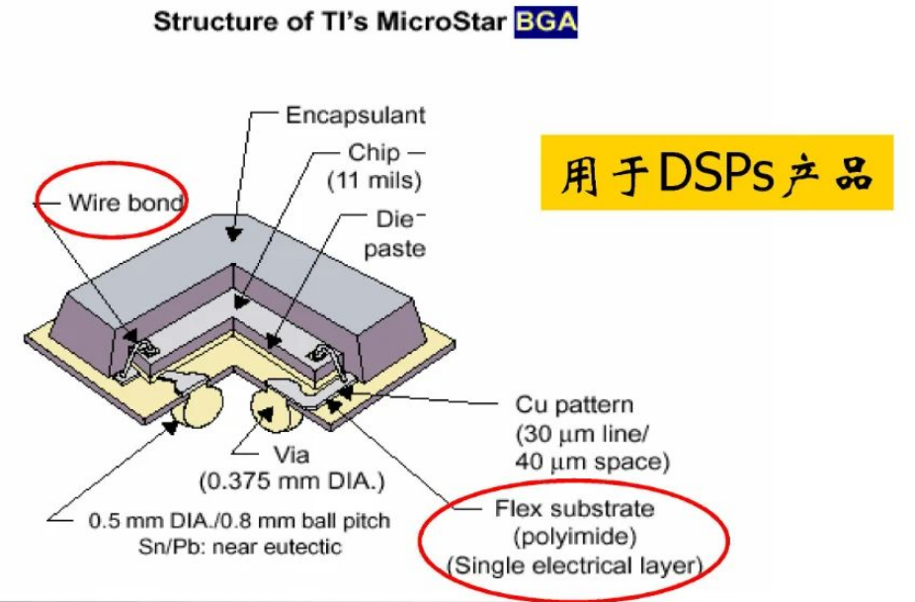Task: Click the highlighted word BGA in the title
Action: pos(545,22)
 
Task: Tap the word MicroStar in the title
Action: pos(441,22)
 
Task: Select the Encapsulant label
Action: pos(356,115)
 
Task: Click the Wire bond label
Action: pos(126,203)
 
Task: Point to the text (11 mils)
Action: pos(374,181)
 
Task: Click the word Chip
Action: pos(374,152)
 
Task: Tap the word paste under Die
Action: pos(395,249)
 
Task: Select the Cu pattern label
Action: pos(574,404)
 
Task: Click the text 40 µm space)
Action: pos(592,462)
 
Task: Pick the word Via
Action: pos(291,455)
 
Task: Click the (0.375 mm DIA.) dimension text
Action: pos(292,481)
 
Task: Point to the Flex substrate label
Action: pos(575,508)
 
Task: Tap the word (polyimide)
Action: pos(575,536)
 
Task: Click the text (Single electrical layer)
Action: pos(575,565)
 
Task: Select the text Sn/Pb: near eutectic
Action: pos(240,547)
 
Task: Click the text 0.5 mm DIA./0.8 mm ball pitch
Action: pos(239,520)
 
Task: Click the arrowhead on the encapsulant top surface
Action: pos(234,233)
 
